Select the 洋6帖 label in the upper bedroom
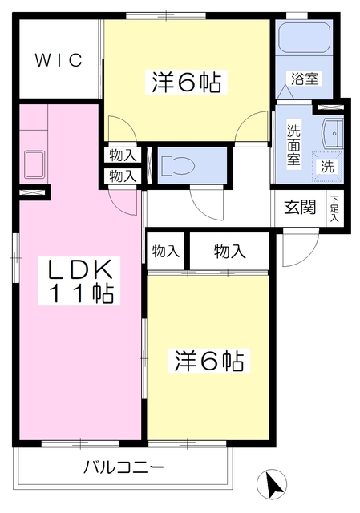187,81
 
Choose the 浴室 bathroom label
305,79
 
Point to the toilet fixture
177,166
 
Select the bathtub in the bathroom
304,38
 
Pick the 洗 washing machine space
327,166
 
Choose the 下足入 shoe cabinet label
334,208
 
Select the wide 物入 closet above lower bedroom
230,252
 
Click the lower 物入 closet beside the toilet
122,176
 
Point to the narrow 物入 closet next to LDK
166,252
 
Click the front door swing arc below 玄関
293,255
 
